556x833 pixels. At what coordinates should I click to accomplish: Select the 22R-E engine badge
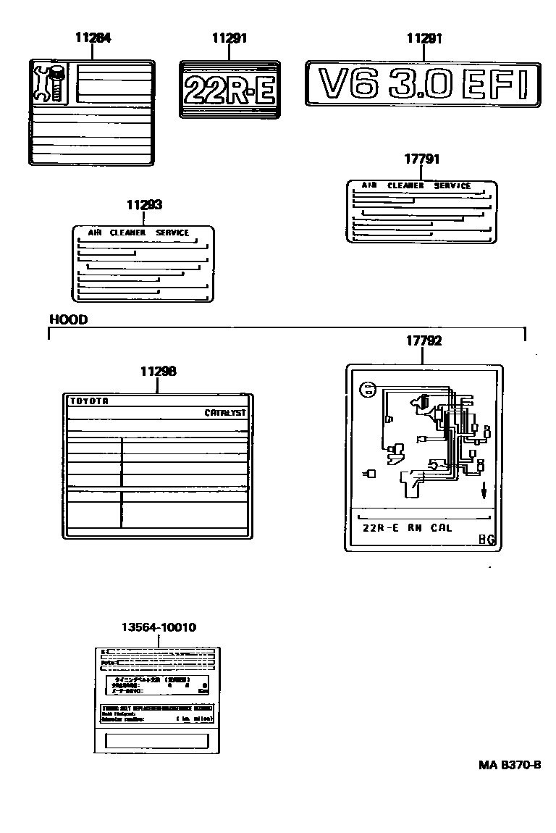(229, 89)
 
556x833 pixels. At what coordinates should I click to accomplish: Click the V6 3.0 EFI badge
(424, 86)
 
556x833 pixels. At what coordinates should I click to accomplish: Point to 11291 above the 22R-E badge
(229, 38)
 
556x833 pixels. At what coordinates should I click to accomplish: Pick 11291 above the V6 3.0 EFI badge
(424, 38)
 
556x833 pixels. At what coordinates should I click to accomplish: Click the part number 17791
(422, 159)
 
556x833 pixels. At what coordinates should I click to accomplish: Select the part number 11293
(145, 205)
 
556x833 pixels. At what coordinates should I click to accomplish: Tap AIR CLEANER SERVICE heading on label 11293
(138, 233)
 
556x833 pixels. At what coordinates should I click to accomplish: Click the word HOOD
(68, 319)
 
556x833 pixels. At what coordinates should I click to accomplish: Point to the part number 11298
(159, 371)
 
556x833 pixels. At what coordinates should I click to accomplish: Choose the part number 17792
(424, 340)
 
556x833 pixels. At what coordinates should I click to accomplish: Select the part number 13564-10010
(159, 627)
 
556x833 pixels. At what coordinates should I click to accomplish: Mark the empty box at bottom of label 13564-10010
(157, 740)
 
